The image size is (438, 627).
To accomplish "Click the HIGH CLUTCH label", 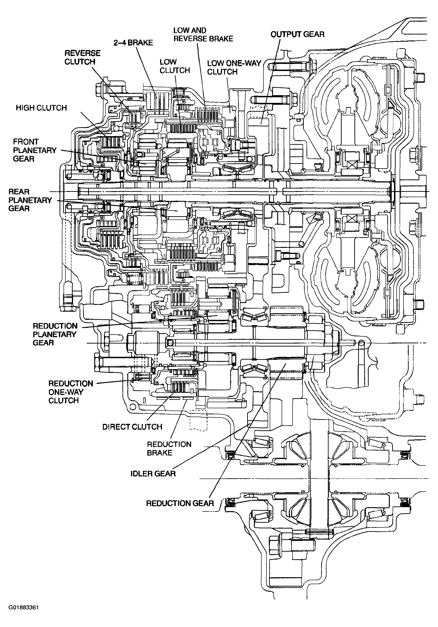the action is (41, 108).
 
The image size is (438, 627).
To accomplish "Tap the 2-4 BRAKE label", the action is (133, 43).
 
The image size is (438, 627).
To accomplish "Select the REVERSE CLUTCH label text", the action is (82, 57).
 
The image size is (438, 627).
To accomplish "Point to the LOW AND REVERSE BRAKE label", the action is (203, 34).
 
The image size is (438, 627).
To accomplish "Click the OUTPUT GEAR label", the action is (297, 34).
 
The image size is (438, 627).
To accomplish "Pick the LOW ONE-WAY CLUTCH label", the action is (234, 67).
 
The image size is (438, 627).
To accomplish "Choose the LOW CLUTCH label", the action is (175, 66).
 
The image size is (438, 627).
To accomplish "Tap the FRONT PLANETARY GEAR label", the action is (35, 150).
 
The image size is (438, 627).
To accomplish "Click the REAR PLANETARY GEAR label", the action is (30, 200).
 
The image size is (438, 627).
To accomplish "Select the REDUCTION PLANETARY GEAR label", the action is (55, 334).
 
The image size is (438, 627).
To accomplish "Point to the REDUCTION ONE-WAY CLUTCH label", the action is (71, 392).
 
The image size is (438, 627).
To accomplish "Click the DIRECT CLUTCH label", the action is (132, 427).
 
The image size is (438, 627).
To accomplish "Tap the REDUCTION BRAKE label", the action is (169, 448).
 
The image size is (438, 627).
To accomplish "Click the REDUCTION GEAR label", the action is (180, 503).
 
